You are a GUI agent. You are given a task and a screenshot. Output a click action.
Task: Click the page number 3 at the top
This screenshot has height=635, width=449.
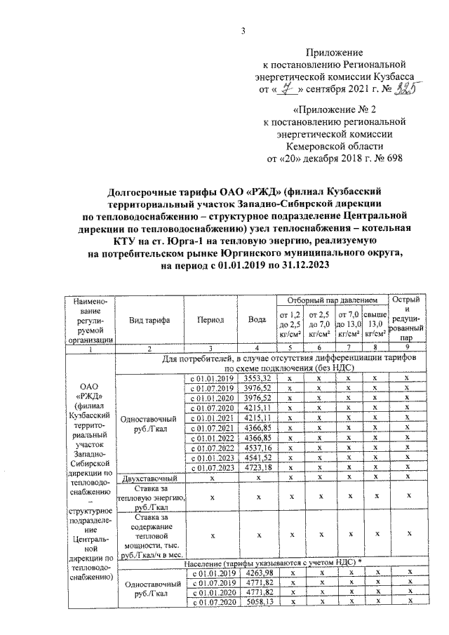point(242,29)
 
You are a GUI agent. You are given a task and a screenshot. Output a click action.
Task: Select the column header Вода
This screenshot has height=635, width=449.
point(257,319)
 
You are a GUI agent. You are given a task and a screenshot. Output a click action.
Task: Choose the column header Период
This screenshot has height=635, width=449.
point(210,319)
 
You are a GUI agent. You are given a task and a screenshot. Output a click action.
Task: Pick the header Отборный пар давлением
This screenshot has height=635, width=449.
point(332,300)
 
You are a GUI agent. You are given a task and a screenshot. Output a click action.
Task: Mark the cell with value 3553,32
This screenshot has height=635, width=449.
point(257,378)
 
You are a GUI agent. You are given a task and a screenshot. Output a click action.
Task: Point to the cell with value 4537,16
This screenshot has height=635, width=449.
point(257,447)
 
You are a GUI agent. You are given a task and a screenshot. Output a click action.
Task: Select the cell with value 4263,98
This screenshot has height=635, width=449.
point(257,574)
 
